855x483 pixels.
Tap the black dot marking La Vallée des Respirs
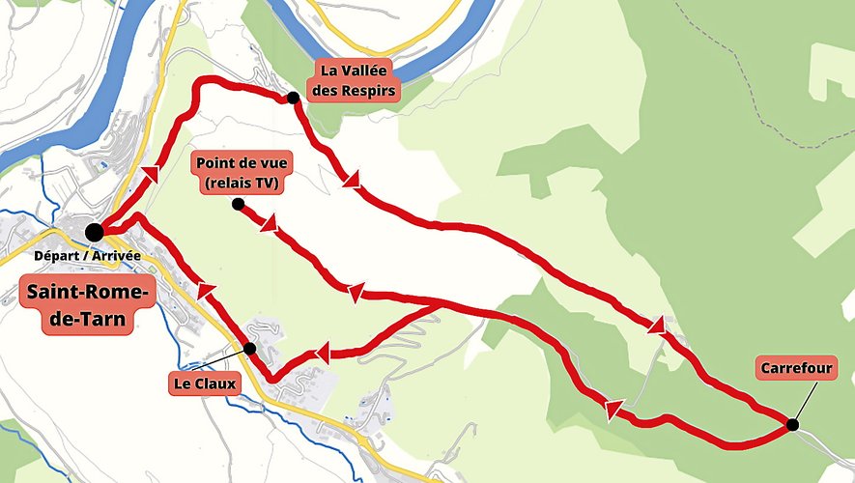[292, 98]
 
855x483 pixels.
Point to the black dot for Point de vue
[238, 204]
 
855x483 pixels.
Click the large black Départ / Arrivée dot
[94, 232]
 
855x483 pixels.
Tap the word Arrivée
[117, 256]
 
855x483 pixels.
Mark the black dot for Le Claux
[249, 348]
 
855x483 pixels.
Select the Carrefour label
[796, 368]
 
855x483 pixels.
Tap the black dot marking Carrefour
[792, 424]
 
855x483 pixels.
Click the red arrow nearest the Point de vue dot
[268, 225]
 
